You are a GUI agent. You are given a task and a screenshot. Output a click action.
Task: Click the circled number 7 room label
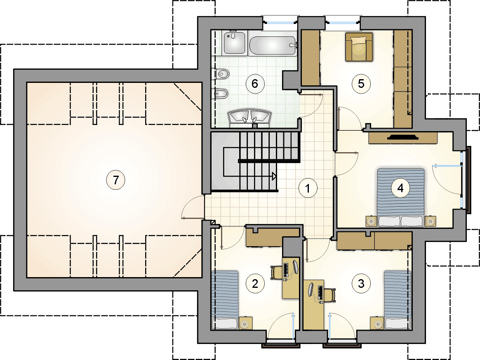tap(116, 180)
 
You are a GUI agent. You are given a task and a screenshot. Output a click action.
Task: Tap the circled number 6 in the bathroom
tap(255, 84)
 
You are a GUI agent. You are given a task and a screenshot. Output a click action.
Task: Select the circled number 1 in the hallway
tap(308, 188)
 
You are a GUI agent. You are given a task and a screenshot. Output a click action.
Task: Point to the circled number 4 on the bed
tap(400, 188)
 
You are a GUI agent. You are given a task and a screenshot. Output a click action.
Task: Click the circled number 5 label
tap(361, 84)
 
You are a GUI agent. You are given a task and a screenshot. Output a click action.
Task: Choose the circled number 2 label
tap(255, 284)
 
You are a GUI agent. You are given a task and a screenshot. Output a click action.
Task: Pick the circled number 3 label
tap(361, 283)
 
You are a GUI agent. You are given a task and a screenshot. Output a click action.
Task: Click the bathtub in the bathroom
tap(273, 46)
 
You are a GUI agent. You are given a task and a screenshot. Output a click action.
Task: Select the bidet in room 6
tap(221, 93)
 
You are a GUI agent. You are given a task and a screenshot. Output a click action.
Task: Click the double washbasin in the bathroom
tap(249, 118)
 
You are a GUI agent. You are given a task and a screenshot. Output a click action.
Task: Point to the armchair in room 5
tap(359, 47)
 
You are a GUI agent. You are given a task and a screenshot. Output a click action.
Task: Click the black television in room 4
tap(403, 137)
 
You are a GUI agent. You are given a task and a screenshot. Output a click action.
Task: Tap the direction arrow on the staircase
tap(274, 176)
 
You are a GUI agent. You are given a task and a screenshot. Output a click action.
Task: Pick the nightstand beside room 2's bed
tap(245, 323)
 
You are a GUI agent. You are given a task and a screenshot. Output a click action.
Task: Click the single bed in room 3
tap(398, 300)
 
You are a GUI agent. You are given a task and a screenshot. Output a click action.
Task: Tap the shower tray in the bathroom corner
tap(235, 43)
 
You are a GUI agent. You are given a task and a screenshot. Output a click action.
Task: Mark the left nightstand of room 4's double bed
tap(371, 221)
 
